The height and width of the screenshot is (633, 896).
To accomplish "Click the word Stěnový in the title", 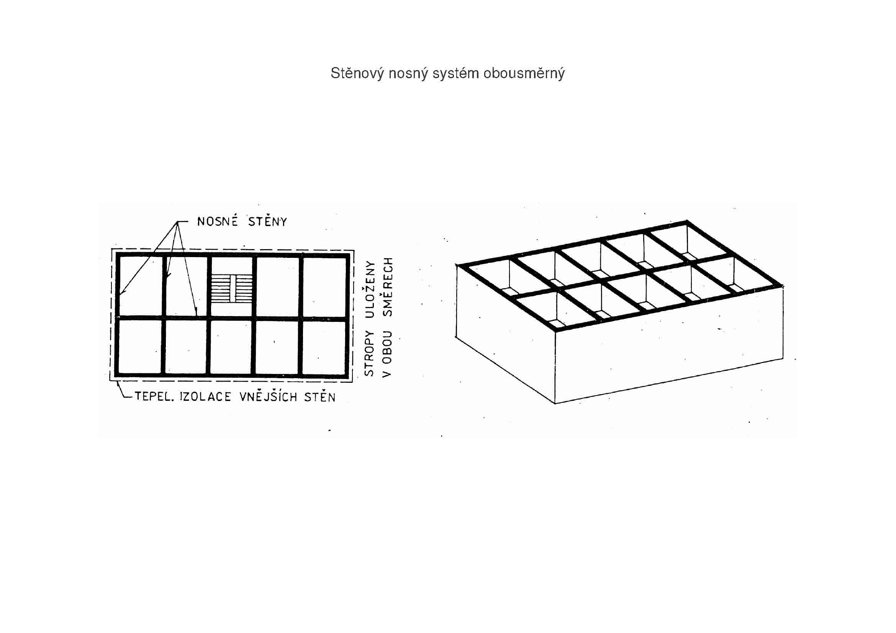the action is [357, 73].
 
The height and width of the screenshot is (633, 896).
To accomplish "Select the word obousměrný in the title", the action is [524, 73].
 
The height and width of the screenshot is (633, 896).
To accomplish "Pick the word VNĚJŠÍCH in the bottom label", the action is [268, 397].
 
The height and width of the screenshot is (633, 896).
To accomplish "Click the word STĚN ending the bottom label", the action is [319, 397].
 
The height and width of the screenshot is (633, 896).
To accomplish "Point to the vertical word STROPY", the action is [369, 354].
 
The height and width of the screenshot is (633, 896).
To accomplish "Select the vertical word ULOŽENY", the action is [369, 290].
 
